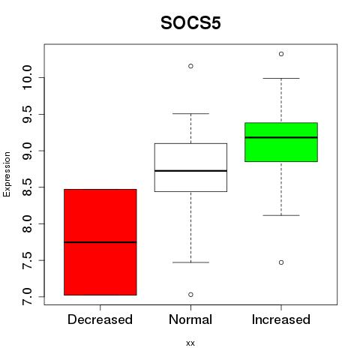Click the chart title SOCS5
pyautogui.click(x=190, y=23)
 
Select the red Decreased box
pyautogui.click(x=100, y=242)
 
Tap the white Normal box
pyautogui.click(x=190, y=167)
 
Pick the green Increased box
pyautogui.click(x=281, y=142)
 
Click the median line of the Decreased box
pyautogui.click(x=100, y=242)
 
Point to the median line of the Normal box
pyautogui.click(x=190, y=171)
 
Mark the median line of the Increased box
pyautogui.click(x=281, y=137)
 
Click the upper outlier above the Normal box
pyautogui.click(x=190, y=66)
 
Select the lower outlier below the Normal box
pyautogui.click(x=190, y=295)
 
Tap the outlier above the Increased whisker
pyautogui.click(x=281, y=54)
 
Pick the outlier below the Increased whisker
pyautogui.click(x=281, y=262)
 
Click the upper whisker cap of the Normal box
pyautogui.click(x=190, y=113)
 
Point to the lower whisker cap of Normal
pyautogui.click(x=190, y=262)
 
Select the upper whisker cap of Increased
pyautogui.click(x=281, y=78)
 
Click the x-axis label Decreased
pyautogui.click(x=100, y=319)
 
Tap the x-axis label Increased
pyautogui.click(x=281, y=319)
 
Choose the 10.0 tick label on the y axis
pyautogui.click(x=27, y=77)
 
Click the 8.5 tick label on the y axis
pyautogui.click(x=27, y=187)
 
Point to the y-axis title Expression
pyautogui.click(x=7, y=174)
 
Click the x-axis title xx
pyautogui.click(x=190, y=343)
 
